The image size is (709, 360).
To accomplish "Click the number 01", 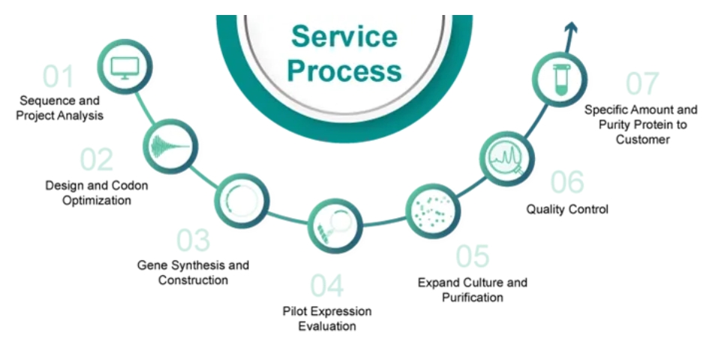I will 58,76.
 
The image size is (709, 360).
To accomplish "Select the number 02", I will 97,160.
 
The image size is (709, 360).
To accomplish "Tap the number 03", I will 194,240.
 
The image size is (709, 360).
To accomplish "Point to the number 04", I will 327,286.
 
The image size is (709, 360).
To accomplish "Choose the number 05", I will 473,256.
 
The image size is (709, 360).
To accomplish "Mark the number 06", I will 567,182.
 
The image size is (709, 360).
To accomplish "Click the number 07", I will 643,84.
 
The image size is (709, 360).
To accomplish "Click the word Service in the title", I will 344,36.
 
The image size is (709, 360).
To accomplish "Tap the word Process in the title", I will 344,71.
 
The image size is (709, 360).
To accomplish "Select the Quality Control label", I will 567,209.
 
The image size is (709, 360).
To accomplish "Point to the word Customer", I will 642,139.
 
